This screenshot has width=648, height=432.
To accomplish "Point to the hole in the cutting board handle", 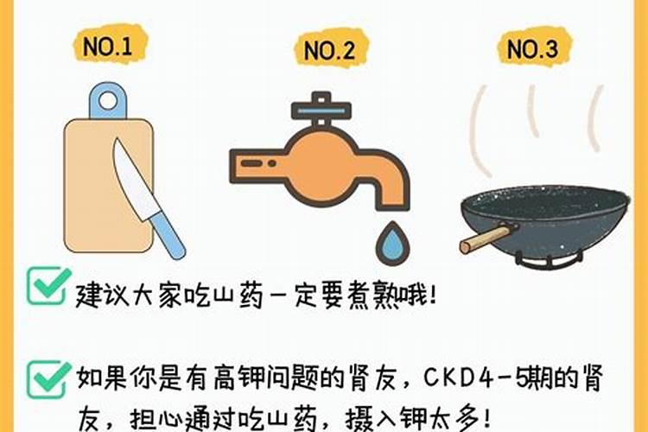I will pyautogui.click(x=108, y=100).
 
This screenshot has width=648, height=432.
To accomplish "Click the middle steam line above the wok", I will pyautogui.click(x=533, y=113).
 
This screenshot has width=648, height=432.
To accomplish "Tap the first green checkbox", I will pyautogui.click(x=48, y=286).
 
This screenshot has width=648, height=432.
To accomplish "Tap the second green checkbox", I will pyautogui.click(x=48, y=378).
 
